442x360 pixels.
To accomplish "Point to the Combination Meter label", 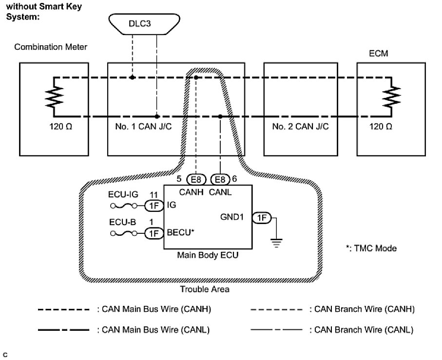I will click(x=51, y=47).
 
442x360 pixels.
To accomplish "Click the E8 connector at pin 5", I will click(x=195, y=179).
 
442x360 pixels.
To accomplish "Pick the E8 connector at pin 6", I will click(x=220, y=179).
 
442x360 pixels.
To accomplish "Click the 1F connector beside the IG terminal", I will click(x=154, y=206).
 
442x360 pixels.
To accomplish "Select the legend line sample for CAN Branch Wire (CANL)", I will click(x=276, y=330).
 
